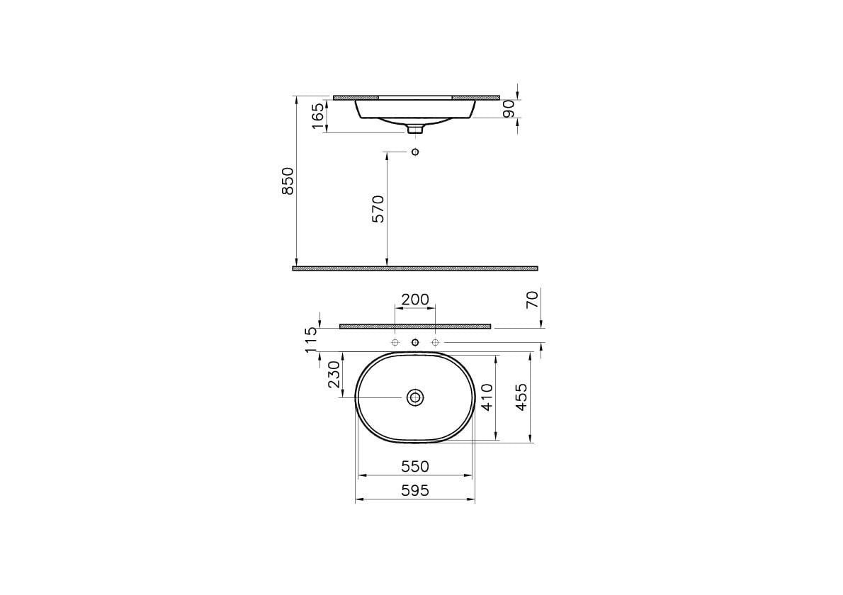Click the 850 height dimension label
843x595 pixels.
click(288, 181)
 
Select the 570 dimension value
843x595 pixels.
click(378, 209)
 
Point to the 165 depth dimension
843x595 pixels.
click(318, 116)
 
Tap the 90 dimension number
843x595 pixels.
click(509, 108)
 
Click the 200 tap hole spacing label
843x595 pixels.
click(415, 300)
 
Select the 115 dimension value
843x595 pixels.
click(312, 340)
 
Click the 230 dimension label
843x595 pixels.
click(334, 375)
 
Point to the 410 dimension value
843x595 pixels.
click(487, 397)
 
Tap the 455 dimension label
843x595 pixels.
click(521, 397)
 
